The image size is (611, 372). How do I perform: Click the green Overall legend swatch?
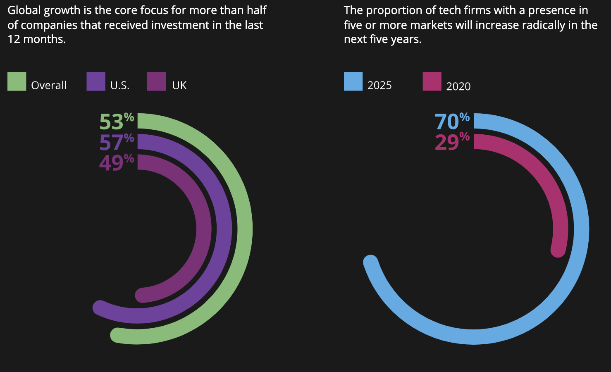coord(17,81)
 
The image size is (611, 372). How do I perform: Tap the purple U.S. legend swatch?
coord(96,81)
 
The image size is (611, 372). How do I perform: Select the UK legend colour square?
coord(157,81)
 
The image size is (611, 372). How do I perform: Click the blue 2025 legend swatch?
coord(353,81)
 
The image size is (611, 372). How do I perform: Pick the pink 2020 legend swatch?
coord(432,81)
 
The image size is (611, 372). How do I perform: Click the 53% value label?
coord(116,122)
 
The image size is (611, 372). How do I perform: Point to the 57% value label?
coord(116,142)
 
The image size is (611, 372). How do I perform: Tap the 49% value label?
coord(116,162)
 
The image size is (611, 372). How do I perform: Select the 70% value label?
coord(452,122)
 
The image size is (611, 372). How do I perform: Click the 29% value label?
coord(452,142)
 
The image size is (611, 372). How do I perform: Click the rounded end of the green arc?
coord(118,335)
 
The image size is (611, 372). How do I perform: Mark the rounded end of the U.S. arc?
coord(100,308)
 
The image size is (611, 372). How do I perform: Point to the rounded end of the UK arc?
coord(143,295)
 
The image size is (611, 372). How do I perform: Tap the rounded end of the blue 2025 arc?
coord(371,262)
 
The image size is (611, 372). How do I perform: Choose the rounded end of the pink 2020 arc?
coord(558,250)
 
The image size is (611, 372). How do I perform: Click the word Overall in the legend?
coord(49,86)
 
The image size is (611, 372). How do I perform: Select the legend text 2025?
coord(379,86)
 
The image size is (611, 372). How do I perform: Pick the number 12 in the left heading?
coord(13,40)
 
